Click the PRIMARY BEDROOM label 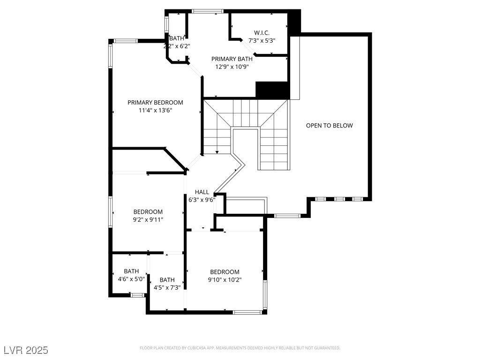(155, 102)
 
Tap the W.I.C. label (262, 32)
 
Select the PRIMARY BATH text (232, 59)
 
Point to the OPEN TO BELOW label (329, 125)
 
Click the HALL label (202, 192)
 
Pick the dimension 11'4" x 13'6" (155, 111)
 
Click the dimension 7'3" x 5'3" (262, 40)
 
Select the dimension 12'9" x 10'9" (232, 67)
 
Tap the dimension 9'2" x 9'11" (148, 219)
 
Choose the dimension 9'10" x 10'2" (225, 280)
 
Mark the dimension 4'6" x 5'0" (131, 279)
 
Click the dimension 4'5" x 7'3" (167, 287)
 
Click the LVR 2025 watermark (26, 350)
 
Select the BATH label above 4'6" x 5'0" (131, 271)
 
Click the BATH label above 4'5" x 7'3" (167, 280)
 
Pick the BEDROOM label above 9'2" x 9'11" (148, 211)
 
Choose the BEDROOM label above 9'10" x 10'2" (225, 272)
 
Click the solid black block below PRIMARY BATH (271, 90)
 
